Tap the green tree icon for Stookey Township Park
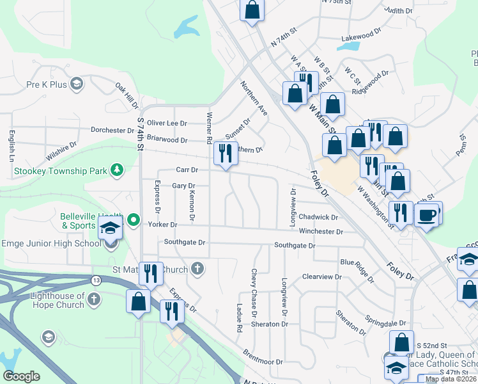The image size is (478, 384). (116, 170)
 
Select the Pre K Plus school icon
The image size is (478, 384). (77, 84)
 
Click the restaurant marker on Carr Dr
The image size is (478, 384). (224, 154)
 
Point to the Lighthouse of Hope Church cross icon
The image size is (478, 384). (94, 299)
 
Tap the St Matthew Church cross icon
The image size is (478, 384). (198, 268)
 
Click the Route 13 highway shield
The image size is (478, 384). (96, 280)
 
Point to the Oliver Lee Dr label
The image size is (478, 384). (167, 123)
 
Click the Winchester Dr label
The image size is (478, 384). (321, 231)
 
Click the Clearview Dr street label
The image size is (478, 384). (321, 277)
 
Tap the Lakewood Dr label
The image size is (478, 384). (361, 38)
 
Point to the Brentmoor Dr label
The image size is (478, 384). (263, 357)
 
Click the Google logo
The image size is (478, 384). (21, 376)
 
